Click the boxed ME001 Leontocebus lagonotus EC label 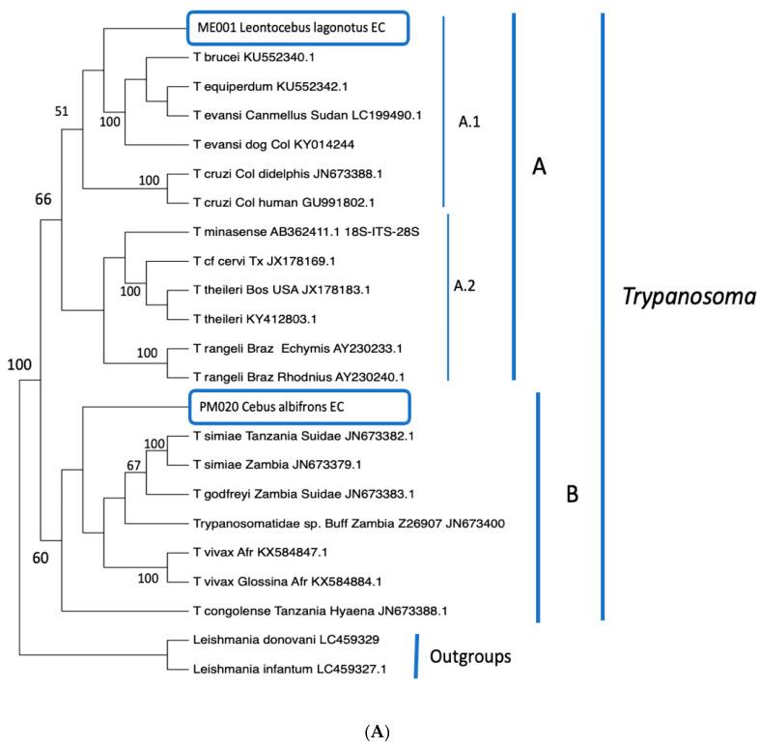286,28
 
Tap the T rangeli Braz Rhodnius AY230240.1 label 284,376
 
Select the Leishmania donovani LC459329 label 255,640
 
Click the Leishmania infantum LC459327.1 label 260,668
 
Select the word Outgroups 470,656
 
